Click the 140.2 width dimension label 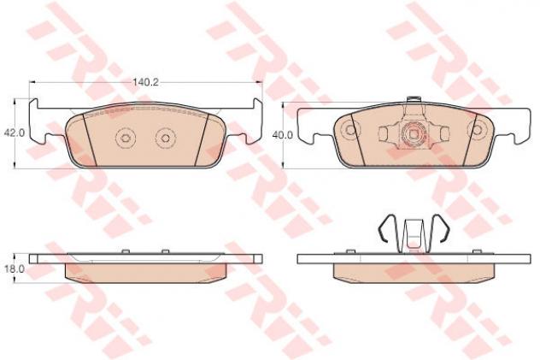point(145,82)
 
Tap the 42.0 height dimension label point(15,133)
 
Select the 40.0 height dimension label point(283,135)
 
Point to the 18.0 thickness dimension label point(15,269)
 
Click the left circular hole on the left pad point(126,138)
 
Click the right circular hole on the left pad point(165,138)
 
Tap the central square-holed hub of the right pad point(414,133)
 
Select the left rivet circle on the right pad point(350,130)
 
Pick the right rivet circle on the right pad point(477,130)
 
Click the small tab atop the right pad point(414,99)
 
